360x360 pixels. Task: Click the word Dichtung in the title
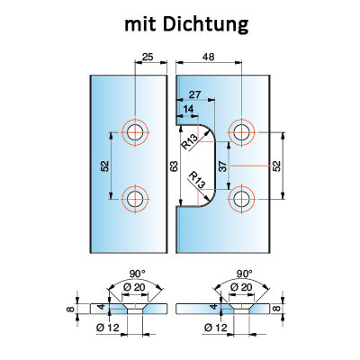coord(206,24)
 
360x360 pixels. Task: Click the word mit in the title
coord(139,23)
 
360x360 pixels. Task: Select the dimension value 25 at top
coord(148,57)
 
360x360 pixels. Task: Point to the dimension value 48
coord(208,57)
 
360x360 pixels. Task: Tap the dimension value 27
coord(194,94)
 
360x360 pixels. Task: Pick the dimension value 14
coord(188,109)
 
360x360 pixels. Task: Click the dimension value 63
coord(174,166)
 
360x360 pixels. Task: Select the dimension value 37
coord(222,166)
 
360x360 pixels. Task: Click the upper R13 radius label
coord(189,141)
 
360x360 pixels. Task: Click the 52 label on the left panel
coord(104,166)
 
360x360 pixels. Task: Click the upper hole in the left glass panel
coord(135,132)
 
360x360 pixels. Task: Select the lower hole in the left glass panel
coord(135,199)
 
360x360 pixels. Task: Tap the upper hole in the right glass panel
coord(241,132)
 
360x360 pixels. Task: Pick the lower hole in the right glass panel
coord(241,199)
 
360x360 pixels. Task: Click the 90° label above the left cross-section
coord(138,274)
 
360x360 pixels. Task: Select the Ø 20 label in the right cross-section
coord(241,287)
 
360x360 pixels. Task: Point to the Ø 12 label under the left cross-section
coord(108,328)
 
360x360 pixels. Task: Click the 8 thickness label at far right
coord(277,308)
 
